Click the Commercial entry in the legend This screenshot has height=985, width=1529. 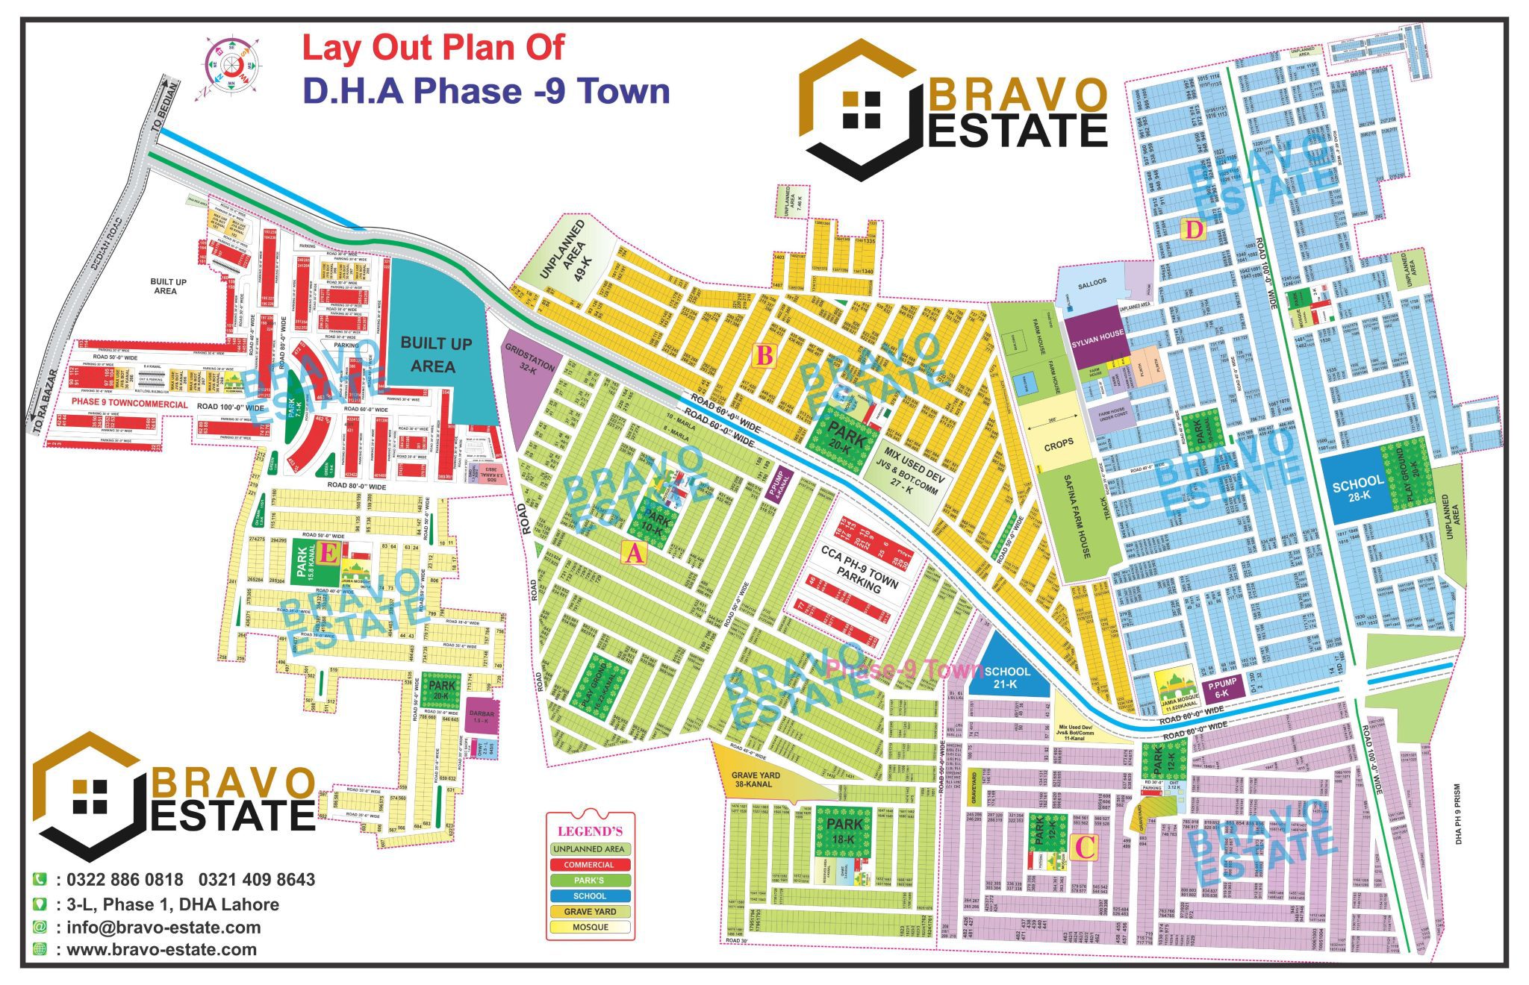589,865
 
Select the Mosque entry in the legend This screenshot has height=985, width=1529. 590,928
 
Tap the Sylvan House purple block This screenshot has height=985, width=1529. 1097,337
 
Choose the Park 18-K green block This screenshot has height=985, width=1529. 844,833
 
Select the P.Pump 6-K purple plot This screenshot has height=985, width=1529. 1222,687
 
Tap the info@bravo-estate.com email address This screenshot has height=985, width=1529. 164,928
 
